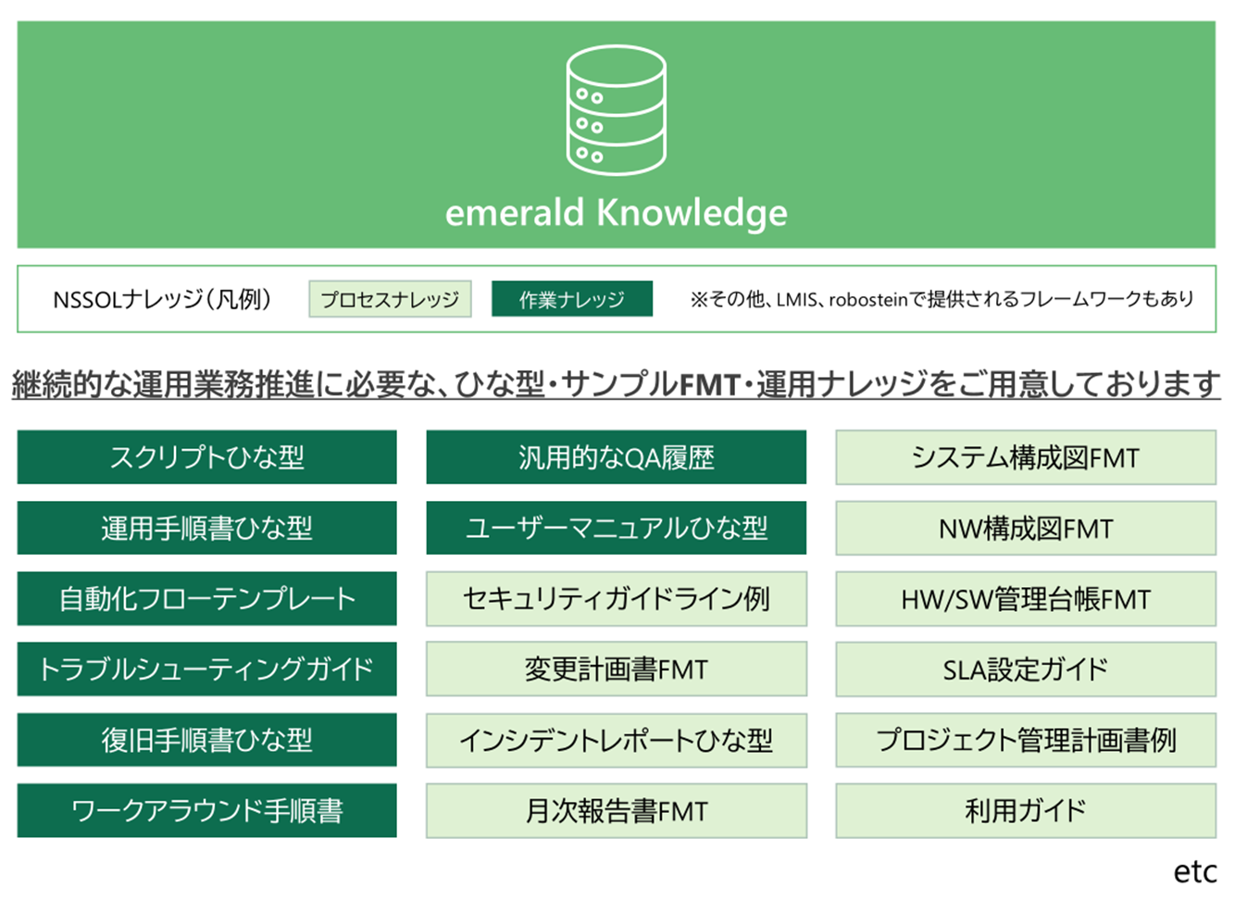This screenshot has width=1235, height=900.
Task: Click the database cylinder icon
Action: tap(616, 110)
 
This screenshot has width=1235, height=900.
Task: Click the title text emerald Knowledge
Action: tap(616, 213)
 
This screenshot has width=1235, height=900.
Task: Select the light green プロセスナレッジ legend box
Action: tap(390, 299)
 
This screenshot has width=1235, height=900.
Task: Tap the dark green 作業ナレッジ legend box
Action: tap(572, 299)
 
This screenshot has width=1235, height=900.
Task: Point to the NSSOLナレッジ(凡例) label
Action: tap(162, 299)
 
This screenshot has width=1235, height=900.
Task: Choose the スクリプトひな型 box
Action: tap(206, 457)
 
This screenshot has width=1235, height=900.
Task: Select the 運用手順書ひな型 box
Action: tap(206, 528)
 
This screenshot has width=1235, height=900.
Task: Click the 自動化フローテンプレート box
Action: tap(206, 598)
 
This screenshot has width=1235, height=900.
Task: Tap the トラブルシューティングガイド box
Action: tap(206, 669)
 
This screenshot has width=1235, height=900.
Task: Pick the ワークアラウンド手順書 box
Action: tap(206, 811)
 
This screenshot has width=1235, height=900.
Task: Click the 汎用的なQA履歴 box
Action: tap(616, 457)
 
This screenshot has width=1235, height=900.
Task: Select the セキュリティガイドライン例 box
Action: tap(617, 598)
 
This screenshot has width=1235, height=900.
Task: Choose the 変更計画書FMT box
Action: tap(617, 669)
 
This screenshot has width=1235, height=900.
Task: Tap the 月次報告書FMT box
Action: tap(617, 811)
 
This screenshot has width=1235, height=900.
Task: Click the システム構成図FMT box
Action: tap(1026, 457)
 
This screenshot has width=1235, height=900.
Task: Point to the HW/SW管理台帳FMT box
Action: tap(1026, 598)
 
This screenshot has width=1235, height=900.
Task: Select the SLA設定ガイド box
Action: tap(1026, 669)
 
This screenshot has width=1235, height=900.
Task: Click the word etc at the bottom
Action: tap(1195, 872)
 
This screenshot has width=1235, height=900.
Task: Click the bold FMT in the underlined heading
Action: tap(709, 384)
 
